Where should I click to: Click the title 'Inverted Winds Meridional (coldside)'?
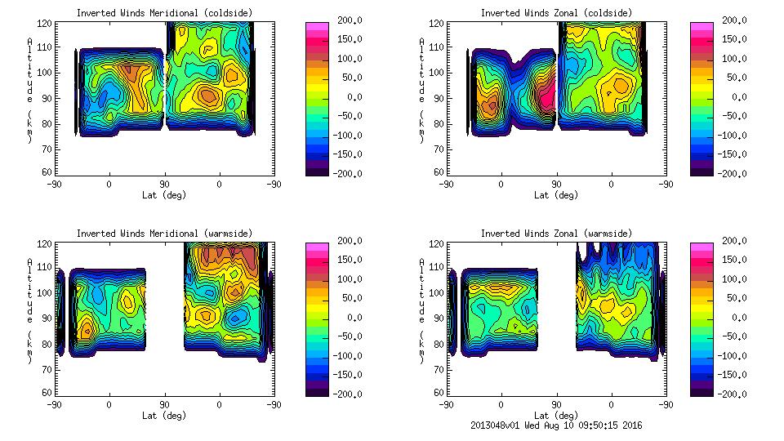click(x=164, y=12)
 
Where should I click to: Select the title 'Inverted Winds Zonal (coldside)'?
click(x=556, y=12)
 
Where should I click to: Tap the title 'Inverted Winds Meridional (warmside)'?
click(x=164, y=233)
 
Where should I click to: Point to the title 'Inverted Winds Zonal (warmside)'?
click(x=556, y=233)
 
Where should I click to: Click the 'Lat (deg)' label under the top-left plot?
click(x=164, y=194)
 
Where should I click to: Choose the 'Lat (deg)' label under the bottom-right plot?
click(x=556, y=415)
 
